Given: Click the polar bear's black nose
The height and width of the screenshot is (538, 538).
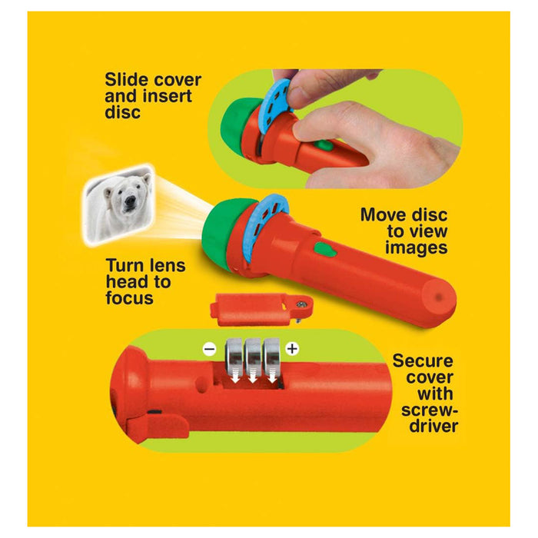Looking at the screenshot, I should coord(128,204).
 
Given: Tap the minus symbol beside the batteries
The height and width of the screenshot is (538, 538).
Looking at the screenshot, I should coord(209,349).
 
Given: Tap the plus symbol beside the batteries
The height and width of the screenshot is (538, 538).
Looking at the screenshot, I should coord(292,349).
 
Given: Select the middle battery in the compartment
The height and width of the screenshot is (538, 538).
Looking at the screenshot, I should coord(251,361).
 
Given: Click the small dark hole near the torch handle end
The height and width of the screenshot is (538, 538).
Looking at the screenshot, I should coord(438,294).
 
